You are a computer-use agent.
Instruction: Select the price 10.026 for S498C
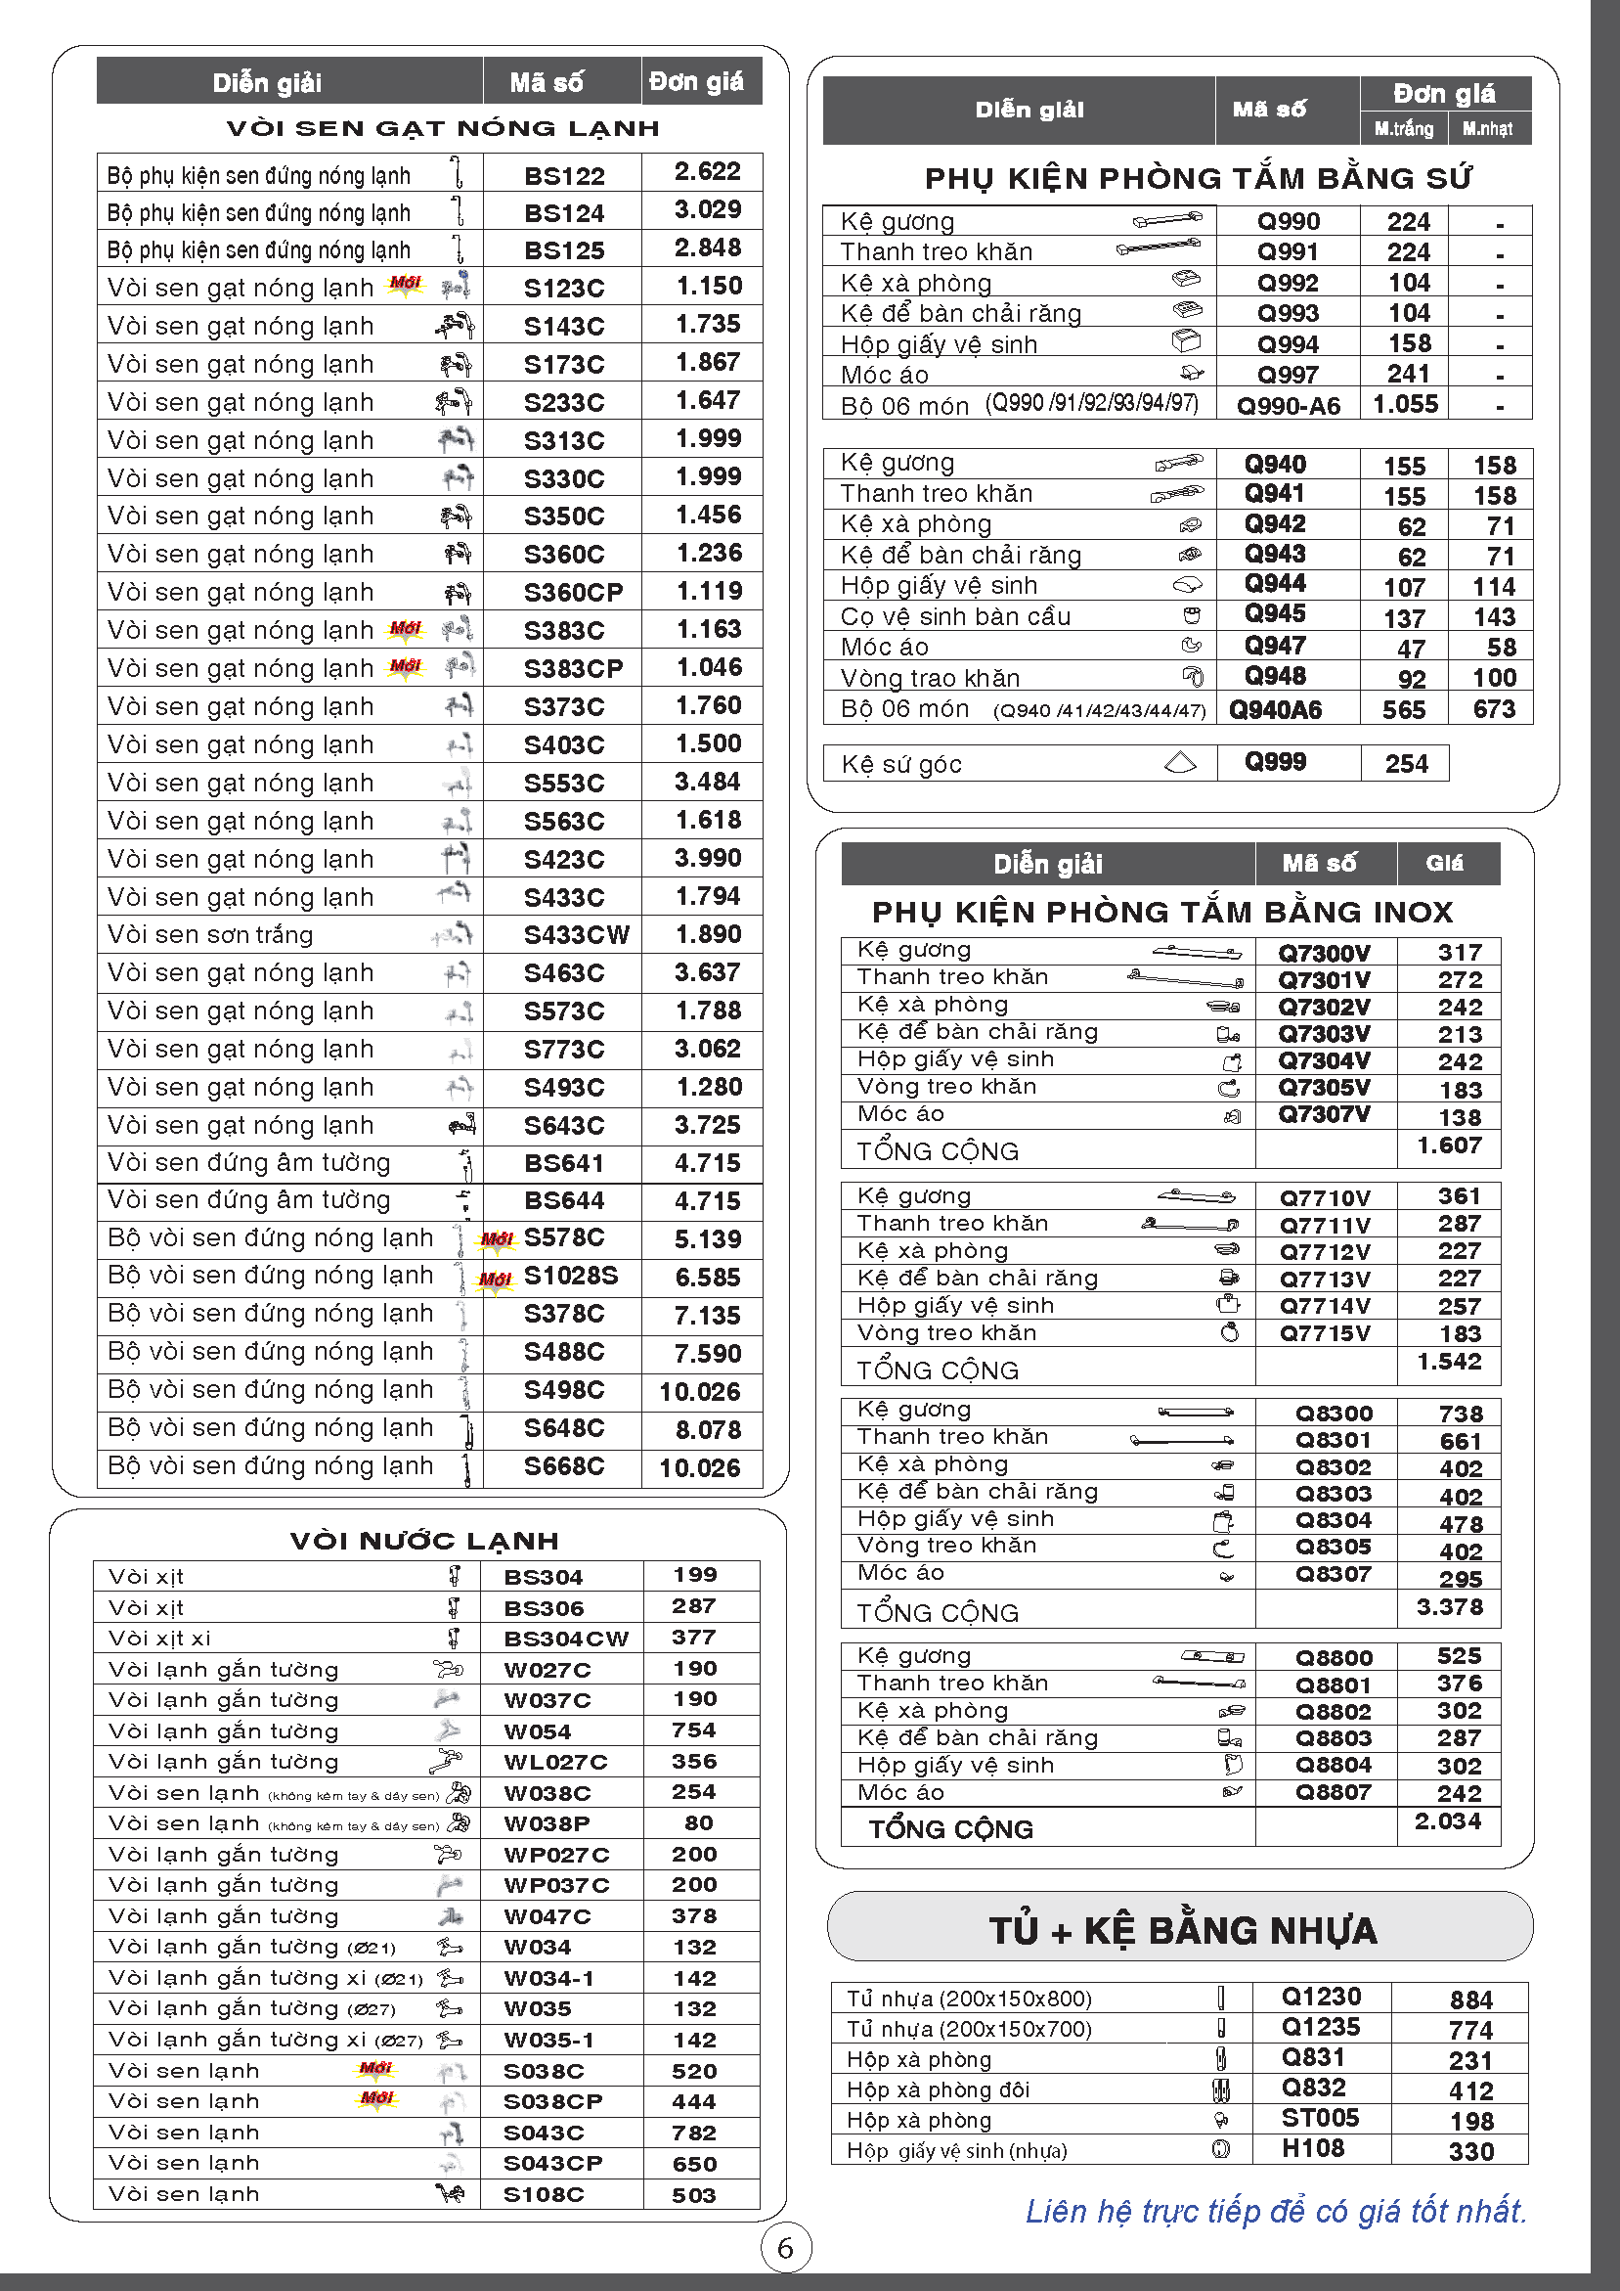click(x=699, y=1391)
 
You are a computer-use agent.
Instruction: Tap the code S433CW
click(x=576, y=935)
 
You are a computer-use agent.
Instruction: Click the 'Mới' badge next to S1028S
click(x=495, y=1279)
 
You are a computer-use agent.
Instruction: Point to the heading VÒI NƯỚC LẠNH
click(x=424, y=1541)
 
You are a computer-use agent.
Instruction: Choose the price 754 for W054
click(x=693, y=1729)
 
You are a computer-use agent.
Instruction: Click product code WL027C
click(x=554, y=1762)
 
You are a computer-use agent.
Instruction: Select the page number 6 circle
click(x=785, y=2248)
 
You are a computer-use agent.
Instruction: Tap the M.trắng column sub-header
click(x=1403, y=129)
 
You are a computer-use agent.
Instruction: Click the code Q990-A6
click(x=1288, y=406)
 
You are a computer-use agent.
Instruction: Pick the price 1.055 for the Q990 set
click(x=1405, y=404)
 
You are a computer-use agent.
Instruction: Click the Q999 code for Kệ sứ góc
click(x=1275, y=762)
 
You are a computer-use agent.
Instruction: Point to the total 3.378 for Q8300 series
click(x=1450, y=1606)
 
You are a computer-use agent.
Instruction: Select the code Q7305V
click(x=1324, y=1087)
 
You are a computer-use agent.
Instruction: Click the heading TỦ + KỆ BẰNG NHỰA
click(x=1182, y=1930)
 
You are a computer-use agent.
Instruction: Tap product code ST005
click(x=1319, y=2118)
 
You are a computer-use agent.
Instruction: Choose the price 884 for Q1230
click(x=1470, y=1999)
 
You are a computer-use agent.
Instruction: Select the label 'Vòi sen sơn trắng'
click(x=210, y=935)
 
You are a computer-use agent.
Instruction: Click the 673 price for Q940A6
click(x=1493, y=709)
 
